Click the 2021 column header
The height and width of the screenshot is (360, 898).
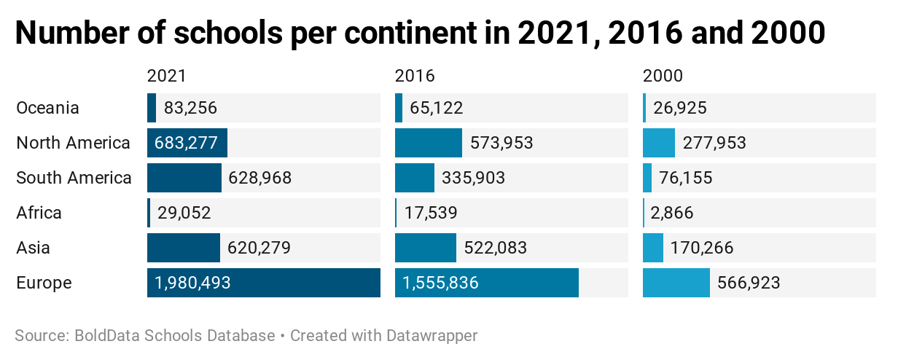[x=166, y=76]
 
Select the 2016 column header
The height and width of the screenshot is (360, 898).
[x=415, y=76]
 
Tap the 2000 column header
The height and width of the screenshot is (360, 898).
[x=663, y=76]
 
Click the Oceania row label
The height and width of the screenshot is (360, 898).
[x=47, y=108]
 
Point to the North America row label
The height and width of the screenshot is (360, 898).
[x=73, y=143]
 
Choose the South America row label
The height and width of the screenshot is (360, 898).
[x=74, y=178]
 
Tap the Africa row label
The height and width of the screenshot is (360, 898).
[x=39, y=213]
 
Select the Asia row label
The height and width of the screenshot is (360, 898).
[x=34, y=248]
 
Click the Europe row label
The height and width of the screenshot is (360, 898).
[x=44, y=283]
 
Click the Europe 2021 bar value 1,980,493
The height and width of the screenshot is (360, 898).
[x=192, y=283]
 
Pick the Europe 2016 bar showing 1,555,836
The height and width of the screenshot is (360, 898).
[x=486, y=283]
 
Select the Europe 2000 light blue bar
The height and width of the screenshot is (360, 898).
[x=676, y=283]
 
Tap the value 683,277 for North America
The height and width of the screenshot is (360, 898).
[x=186, y=143]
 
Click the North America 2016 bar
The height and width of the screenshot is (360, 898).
[x=428, y=143]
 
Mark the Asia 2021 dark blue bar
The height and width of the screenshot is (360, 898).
[x=183, y=248]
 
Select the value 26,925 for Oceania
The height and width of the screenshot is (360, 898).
[x=680, y=108]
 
